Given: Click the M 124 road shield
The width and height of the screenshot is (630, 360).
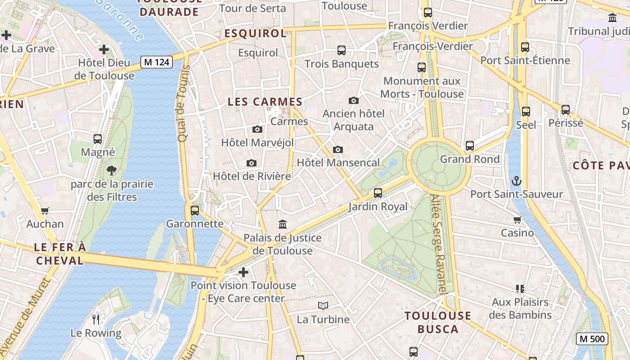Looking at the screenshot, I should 157,62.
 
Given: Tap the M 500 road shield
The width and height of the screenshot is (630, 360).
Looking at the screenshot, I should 592,339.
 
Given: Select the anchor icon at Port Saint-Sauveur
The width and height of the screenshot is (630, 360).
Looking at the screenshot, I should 516,181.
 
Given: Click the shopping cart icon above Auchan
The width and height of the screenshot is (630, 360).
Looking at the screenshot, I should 45,211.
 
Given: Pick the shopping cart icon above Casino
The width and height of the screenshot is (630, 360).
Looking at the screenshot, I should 517,220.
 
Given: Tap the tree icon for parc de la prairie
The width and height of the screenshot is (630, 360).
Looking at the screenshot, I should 112,171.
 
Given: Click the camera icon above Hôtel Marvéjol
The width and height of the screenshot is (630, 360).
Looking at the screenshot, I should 257,130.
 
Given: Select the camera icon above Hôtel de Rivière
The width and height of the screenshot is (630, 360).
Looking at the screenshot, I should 252,163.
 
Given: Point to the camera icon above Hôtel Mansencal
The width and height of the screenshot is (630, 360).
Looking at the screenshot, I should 338,149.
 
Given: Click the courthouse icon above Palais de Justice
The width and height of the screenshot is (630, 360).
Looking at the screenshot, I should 283,224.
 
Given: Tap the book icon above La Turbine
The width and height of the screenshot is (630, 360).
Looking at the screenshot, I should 323,306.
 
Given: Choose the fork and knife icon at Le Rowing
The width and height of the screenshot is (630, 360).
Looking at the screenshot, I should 96,319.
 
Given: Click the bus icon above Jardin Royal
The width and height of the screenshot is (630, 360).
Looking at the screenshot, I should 378,193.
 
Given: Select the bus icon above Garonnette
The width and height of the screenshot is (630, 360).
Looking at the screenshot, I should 195,210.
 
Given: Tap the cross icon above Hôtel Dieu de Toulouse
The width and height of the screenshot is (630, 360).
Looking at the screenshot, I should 104,49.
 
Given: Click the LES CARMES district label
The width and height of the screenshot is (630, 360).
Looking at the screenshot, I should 265,102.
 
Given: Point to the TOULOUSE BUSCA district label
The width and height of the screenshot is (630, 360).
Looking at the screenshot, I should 438,322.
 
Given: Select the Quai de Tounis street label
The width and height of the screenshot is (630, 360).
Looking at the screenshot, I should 182,103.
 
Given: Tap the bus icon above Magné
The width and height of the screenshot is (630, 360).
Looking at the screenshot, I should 98,139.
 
